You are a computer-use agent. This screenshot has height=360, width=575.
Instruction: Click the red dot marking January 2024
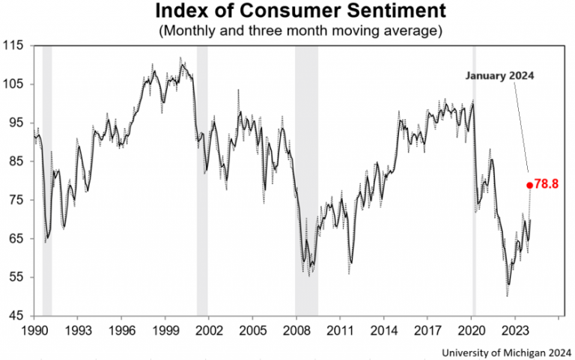(x=529, y=185)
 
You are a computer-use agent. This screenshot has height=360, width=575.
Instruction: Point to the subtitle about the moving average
(x=287, y=31)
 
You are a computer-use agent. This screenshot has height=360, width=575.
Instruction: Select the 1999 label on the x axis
(x=165, y=329)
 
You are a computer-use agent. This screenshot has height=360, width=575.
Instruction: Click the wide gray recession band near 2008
(x=306, y=180)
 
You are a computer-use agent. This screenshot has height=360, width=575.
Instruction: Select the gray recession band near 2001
(x=202, y=180)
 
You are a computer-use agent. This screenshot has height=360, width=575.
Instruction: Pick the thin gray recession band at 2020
(x=474, y=180)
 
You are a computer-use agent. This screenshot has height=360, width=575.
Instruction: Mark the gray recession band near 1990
(x=47, y=180)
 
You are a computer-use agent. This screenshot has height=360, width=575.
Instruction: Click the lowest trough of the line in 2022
(x=508, y=294)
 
